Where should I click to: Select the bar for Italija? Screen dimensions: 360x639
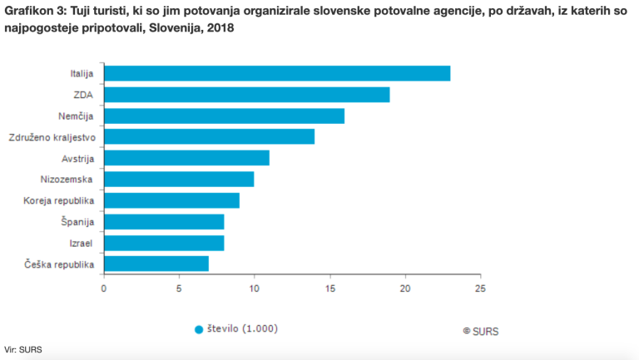click(x=277, y=73)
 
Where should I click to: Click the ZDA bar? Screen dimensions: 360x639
click(x=246, y=95)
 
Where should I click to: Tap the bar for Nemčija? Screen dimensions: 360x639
click(x=224, y=116)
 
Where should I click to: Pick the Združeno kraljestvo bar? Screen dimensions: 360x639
click(x=209, y=136)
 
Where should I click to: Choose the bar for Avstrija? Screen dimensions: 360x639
click(x=186, y=158)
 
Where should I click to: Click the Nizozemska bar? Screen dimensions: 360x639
click(x=179, y=179)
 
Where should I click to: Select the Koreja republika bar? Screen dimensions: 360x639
click(x=171, y=200)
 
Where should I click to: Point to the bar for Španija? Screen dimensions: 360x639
click(x=164, y=221)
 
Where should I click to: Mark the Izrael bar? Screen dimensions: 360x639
click(x=164, y=243)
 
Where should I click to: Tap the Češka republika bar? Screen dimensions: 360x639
click(x=156, y=264)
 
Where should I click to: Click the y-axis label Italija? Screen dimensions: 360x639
click(x=82, y=74)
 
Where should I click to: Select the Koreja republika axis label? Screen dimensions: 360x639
click(x=59, y=201)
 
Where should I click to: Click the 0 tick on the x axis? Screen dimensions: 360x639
click(x=103, y=288)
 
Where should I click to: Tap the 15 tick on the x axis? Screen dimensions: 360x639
click(x=329, y=288)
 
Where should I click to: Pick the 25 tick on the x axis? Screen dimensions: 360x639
click(x=479, y=288)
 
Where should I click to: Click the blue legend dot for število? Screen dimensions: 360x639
click(x=199, y=329)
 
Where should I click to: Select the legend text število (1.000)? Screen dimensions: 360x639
click(x=242, y=328)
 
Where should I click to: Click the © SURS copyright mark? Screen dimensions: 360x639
click(x=480, y=330)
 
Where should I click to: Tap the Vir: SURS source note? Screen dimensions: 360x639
click(x=22, y=349)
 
